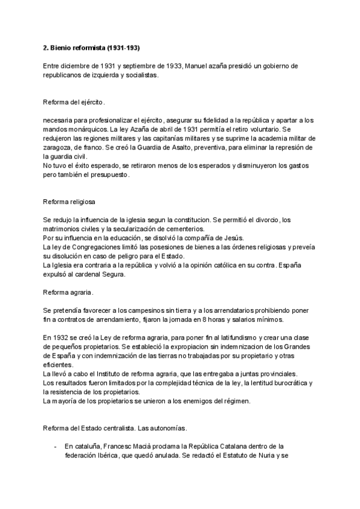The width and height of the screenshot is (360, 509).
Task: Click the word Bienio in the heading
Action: [62, 47]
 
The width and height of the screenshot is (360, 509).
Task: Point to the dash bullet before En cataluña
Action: [55, 447]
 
